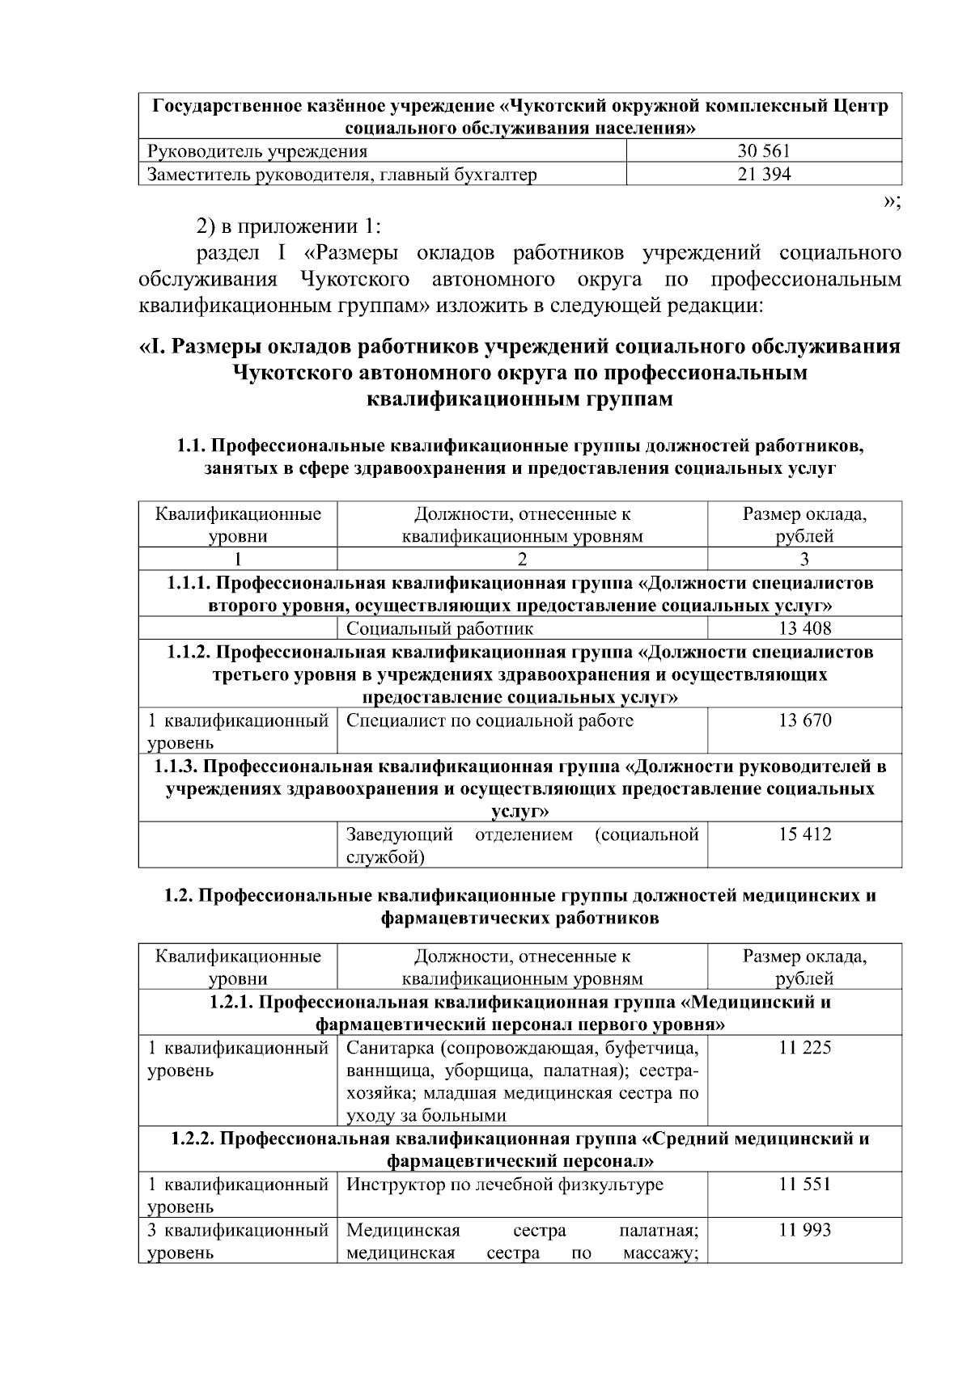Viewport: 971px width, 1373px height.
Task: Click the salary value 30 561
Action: point(764,150)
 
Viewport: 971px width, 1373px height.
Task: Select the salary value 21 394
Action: point(764,174)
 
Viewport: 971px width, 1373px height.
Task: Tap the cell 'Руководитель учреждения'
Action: point(257,151)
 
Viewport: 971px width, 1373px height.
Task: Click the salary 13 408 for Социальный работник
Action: point(804,628)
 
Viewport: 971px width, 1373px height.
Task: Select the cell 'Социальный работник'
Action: point(439,628)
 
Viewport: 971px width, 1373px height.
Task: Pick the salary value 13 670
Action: point(804,720)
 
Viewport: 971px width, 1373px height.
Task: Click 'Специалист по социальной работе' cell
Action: point(490,720)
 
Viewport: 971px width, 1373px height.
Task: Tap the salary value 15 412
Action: point(804,834)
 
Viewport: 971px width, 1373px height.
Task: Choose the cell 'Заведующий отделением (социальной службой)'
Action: point(522,845)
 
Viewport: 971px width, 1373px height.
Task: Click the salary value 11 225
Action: point(804,1049)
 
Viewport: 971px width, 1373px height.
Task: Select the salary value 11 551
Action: point(804,1185)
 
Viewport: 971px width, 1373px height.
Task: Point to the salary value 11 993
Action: point(804,1231)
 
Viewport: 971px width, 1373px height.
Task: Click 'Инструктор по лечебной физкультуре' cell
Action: point(504,1185)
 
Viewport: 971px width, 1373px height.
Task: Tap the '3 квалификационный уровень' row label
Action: point(237,1242)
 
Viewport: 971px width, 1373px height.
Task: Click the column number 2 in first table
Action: point(522,559)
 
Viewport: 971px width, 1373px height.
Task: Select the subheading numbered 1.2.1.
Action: point(520,1014)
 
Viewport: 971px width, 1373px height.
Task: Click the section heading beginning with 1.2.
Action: point(520,907)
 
